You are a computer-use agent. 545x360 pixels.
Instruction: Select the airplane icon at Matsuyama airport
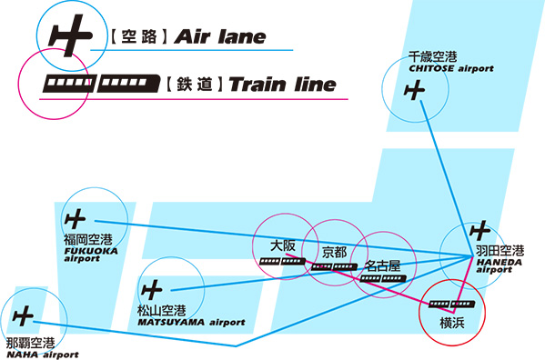pos(152,290)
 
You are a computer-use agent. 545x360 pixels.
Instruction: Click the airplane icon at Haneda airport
pos(479,231)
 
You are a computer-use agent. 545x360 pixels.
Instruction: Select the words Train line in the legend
pos(283,86)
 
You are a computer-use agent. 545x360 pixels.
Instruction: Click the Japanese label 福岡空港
pos(87,240)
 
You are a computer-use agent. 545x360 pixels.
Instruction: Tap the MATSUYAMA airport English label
pos(191,322)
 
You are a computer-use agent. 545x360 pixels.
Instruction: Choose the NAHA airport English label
pos(42,355)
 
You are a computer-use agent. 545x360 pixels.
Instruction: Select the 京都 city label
pos(335,251)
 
